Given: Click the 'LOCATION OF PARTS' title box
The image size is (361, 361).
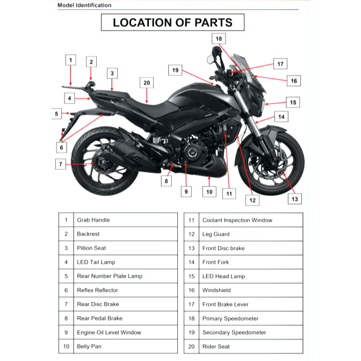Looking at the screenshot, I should [172, 23].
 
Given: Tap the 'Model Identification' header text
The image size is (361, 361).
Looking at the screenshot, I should [84, 5].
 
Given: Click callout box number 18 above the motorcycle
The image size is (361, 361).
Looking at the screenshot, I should [219, 39].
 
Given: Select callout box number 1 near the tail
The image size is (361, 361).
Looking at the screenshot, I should [71, 60].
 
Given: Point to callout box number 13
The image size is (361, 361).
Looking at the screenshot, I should [294, 199].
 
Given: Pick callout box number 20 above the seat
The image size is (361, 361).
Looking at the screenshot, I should [147, 83].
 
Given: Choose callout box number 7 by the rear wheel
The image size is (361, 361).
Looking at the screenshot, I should [61, 164].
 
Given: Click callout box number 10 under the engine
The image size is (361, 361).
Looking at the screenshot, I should [210, 191].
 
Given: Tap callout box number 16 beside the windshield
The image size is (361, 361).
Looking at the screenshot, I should [293, 81].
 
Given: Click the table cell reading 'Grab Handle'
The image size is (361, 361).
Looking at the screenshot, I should [93, 220].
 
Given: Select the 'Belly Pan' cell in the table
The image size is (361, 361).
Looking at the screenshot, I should [89, 346].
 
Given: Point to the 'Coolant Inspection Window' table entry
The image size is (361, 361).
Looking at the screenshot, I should [237, 220].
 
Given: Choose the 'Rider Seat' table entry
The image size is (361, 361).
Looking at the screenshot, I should [215, 346].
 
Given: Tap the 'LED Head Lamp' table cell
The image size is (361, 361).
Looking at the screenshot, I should [223, 276].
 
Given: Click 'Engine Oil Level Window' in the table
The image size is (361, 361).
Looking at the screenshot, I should [109, 333].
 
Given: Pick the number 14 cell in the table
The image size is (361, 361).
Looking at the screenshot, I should [191, 262].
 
